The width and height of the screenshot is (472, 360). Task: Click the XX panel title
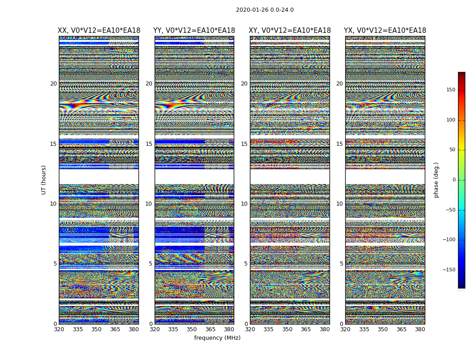coord(99,31)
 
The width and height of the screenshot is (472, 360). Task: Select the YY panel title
coord(194,31)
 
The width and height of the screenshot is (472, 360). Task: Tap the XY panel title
coord(290,31)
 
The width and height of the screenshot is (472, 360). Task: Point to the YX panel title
coord(385,31)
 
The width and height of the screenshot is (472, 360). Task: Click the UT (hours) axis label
coord(44,180)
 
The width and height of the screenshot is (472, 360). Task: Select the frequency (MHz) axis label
coord(217,338)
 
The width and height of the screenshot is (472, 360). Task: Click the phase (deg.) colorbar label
coord(436,180)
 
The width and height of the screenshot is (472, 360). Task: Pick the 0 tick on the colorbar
coord(454,180)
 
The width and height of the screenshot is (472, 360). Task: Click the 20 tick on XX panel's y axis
coord(53,84)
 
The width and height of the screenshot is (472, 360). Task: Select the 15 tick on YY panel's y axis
coord(149,144)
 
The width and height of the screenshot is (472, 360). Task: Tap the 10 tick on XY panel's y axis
coord(244,204)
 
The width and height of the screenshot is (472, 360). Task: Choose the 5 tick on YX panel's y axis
coord(341,264)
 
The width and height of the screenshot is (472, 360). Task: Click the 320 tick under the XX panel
coord(59,329)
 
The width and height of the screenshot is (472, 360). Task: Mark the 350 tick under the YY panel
coord(192,329)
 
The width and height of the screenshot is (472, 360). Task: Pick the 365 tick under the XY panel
coord(306,329)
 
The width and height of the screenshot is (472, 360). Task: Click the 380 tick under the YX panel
coord(420,329)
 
